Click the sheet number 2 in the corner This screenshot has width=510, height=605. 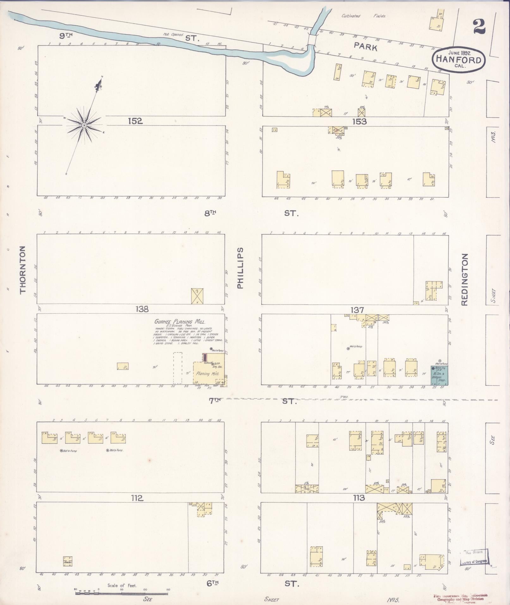(x=479, y=27)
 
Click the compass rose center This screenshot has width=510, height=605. (x=84, y=126)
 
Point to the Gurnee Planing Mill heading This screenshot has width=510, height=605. (x=180, y=322)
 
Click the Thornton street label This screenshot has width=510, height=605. (x=23, y=270)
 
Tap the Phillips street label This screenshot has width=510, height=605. (x=240, y=268)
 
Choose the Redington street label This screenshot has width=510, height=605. (x=464, y=279)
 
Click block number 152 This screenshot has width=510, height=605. (x=135, y=121)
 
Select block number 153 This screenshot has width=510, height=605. (x=359, y=121)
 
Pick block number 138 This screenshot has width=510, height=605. (x=142, y=309)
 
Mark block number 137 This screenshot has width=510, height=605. (x=357, y=310)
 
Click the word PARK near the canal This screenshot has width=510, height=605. (x=366, y=47)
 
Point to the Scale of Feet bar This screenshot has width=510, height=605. (x=122, y=593)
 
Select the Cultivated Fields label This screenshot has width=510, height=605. (x=363, y=16)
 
